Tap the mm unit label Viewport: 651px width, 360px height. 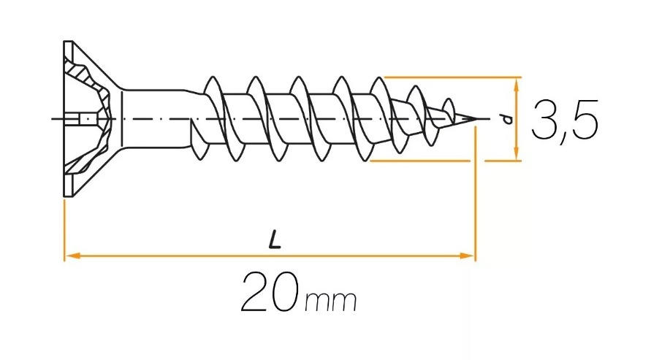pyautogui.click(x=331, y=301)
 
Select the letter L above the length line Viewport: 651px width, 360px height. pyautogui.click(x=274, y=240)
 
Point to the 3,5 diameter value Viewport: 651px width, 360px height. pyautogui.click(x=565, y=121)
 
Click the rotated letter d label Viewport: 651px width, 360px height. pyautogui.click(x=507, y=119)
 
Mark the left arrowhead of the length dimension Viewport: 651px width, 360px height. pyautogui.click(x=72, y=256)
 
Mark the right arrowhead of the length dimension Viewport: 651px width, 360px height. pyautogui.click(x=466, y=256)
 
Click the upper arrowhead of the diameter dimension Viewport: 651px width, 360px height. pyautogui.click(x=516, y=85)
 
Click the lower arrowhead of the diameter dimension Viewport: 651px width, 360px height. pyautogui.click(x=516, y=152)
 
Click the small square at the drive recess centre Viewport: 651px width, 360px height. pyautogui.click(x=86, y=119)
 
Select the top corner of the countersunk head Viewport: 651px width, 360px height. pyautogui.click(x=68, y=42)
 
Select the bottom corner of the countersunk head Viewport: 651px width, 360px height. pyautogui.click(x=68, y=196)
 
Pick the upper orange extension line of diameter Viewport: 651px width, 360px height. pyautogui.click(x=452, y=77)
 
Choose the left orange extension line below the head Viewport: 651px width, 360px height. pyautogui.click(x=65, y=231)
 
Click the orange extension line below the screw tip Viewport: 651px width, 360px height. pyautogui.click(x=476, y=194)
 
